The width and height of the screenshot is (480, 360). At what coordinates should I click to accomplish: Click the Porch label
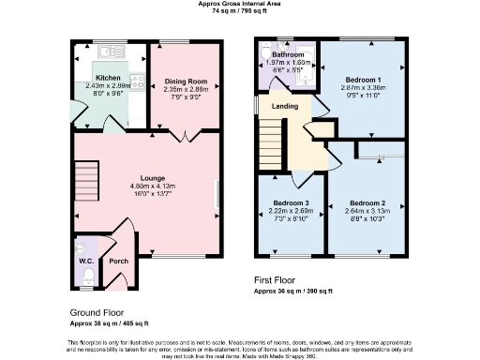click(118, 262)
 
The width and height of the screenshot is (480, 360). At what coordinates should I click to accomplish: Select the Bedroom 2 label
click(367, 203)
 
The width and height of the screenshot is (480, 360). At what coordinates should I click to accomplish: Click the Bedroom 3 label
click(290, 203)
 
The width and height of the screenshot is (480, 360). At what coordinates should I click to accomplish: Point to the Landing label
click(285, 106)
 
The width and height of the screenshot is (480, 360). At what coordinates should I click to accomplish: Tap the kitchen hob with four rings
click(138, 81)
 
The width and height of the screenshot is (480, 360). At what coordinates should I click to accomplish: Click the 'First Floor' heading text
click(279, 279)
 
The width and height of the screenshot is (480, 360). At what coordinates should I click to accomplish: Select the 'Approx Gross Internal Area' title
click(239, 4)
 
